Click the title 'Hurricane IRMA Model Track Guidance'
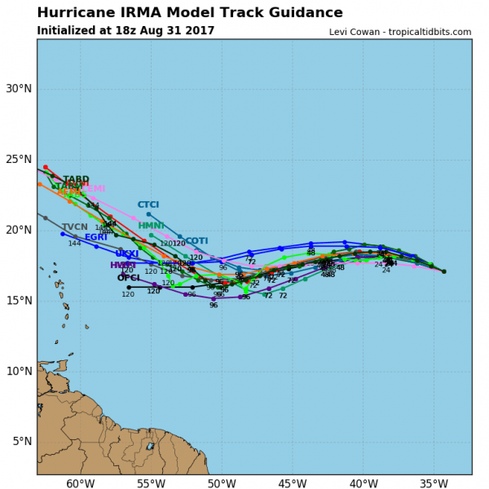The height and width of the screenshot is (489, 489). pos(190,13)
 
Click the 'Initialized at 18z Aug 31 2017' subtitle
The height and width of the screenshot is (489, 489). pos(126,31)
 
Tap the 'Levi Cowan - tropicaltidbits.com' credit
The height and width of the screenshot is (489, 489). pos(400,32)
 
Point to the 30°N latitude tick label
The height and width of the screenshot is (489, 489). pos(18,89)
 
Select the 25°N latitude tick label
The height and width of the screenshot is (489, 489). pos(18,160)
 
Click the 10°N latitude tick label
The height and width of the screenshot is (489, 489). pos(18,372)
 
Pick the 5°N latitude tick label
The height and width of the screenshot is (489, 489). pos(20,442)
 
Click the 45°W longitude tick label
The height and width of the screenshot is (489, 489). pos(291,485)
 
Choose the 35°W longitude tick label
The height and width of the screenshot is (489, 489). pos(432,485)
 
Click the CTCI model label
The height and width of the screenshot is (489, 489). pos(148,205)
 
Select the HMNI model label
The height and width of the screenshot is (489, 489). pos(151,226)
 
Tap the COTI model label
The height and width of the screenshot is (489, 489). pos(196,241)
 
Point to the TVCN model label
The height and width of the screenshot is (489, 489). pos(74,227)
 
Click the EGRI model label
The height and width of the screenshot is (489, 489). pos(96,238)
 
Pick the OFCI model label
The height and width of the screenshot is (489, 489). pos(128,278)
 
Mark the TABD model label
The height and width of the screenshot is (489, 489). pos(76,179)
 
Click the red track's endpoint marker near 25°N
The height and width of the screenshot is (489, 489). pos(46,167)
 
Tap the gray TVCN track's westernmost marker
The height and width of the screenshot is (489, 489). pos(45,218)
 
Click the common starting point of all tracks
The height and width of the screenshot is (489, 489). pos(443,271)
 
